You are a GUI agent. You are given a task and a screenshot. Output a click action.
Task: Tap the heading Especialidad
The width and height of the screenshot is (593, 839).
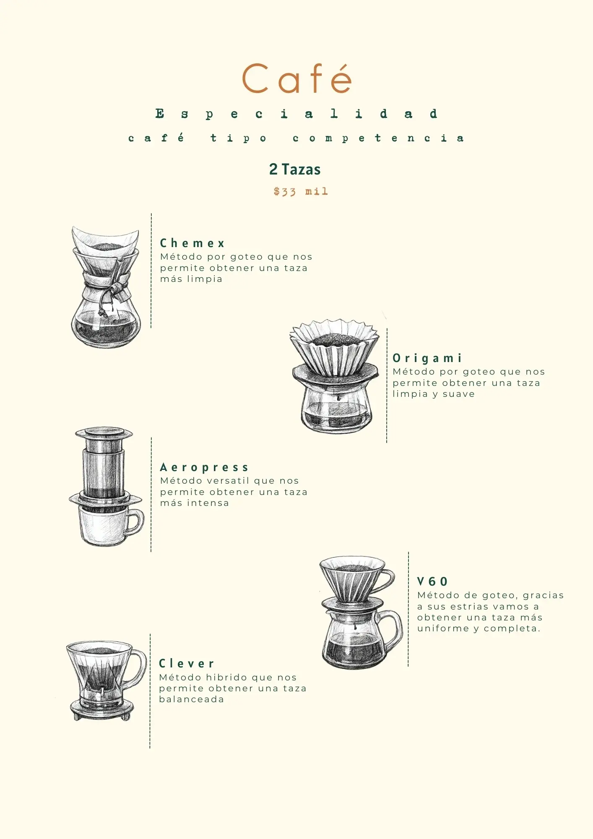pyautogui.click(x=296, y=114)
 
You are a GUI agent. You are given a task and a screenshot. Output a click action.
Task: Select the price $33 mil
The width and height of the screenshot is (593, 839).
pyautogui.click(x=300, y=192)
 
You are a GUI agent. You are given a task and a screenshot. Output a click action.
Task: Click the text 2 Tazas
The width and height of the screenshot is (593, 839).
pyautogui.click(x=295, y=169)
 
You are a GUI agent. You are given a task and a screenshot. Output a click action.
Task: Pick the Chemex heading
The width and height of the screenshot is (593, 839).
pyautogui.click(x=192, y=243)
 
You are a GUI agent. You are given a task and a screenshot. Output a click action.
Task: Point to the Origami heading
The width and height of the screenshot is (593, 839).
pyautogui.click(x=427, y=358)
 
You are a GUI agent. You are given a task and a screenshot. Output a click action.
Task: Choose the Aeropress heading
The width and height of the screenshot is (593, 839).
pyautogui.click(x=204, y=467)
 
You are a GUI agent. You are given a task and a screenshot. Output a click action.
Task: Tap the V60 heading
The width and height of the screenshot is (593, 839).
pyautogui.click(x=432, y=581)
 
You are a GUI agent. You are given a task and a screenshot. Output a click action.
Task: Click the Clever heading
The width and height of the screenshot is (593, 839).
pyautogui.click(x=187, y=664)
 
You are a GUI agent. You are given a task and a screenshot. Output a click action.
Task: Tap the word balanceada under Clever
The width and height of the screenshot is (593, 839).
pyautogui.click(x=191, y=699)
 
